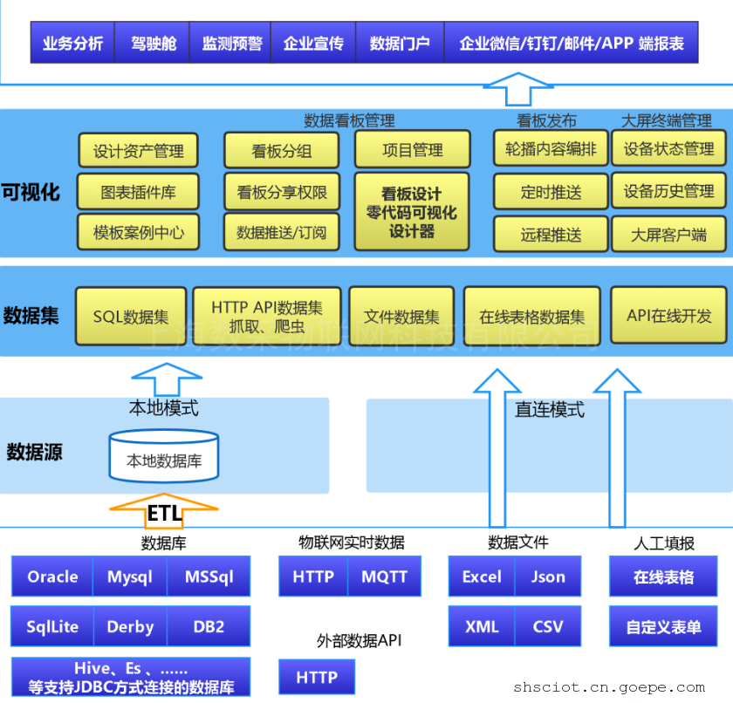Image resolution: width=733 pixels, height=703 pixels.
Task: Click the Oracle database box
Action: coord(52,577)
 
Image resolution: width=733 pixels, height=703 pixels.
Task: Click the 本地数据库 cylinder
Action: coord(164,457)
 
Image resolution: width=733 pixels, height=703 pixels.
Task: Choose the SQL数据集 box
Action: coord(131,317)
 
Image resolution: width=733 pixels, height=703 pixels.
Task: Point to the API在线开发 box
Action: coord(669,316)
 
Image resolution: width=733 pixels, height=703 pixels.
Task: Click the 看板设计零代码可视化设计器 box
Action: coord(412,212)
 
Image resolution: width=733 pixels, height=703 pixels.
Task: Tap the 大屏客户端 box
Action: coord(669,234)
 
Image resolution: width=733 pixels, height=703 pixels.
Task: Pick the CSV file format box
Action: coord(548,626)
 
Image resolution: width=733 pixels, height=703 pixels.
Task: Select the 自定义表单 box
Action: coord(663,626)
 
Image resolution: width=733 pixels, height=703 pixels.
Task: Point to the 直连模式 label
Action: coord(549,409)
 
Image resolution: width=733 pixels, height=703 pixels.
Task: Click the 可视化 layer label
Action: coord(31,192)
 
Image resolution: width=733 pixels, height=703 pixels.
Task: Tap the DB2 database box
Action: coord(209,626)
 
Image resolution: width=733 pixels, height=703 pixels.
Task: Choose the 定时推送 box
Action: coord(551,192)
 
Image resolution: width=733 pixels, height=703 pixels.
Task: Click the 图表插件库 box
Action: coord(138,192)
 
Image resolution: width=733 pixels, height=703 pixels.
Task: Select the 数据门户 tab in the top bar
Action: coord(400,43)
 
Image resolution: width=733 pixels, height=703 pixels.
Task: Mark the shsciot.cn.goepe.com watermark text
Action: coord(609,687)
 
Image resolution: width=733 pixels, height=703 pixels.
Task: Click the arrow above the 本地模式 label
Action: coord(164,381)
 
